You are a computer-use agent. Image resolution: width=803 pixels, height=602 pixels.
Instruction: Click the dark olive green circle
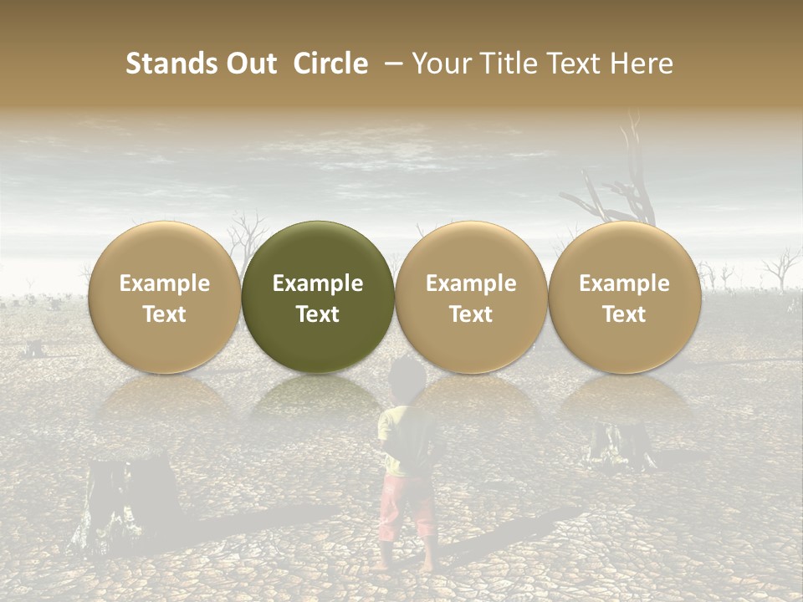point(318,297)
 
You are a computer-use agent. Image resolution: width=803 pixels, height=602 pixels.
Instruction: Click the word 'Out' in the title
point(252,64)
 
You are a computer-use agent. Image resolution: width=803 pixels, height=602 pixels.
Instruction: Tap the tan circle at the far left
point(165,297)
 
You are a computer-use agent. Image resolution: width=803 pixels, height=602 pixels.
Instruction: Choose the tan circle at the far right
point(624,297)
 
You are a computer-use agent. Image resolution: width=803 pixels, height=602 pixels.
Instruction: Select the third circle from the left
point(471,297)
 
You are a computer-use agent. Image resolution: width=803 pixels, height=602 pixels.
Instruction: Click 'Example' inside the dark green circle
point(318,283)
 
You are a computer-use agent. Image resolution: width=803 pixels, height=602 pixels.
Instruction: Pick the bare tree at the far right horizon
point(782,268)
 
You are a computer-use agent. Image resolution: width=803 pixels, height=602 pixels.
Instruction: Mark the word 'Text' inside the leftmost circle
point(165,314)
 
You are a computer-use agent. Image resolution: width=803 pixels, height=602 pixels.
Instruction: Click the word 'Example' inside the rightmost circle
point(624,283)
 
